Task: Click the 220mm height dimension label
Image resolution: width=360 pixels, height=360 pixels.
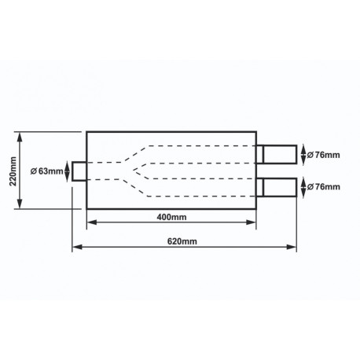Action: (x=13, y=171)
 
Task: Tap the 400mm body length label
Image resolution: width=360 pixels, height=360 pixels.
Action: (x=171, y=217)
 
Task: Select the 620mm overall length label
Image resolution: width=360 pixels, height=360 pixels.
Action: (x=182, y=241)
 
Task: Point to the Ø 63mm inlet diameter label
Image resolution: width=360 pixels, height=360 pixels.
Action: (x=47, y=171)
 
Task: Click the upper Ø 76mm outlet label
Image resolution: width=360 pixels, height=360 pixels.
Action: (x=324, y=155)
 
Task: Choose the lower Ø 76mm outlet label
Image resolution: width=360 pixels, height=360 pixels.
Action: (x=324, y=186)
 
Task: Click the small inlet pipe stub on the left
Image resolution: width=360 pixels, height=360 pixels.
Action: (x=79, y=171)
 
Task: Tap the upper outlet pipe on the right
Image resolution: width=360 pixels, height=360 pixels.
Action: (x=277, y=154)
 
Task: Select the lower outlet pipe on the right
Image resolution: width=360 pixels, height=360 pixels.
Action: (x=277, y=187)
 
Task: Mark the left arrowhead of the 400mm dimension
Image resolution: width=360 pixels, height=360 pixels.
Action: (x=92, y=222)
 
